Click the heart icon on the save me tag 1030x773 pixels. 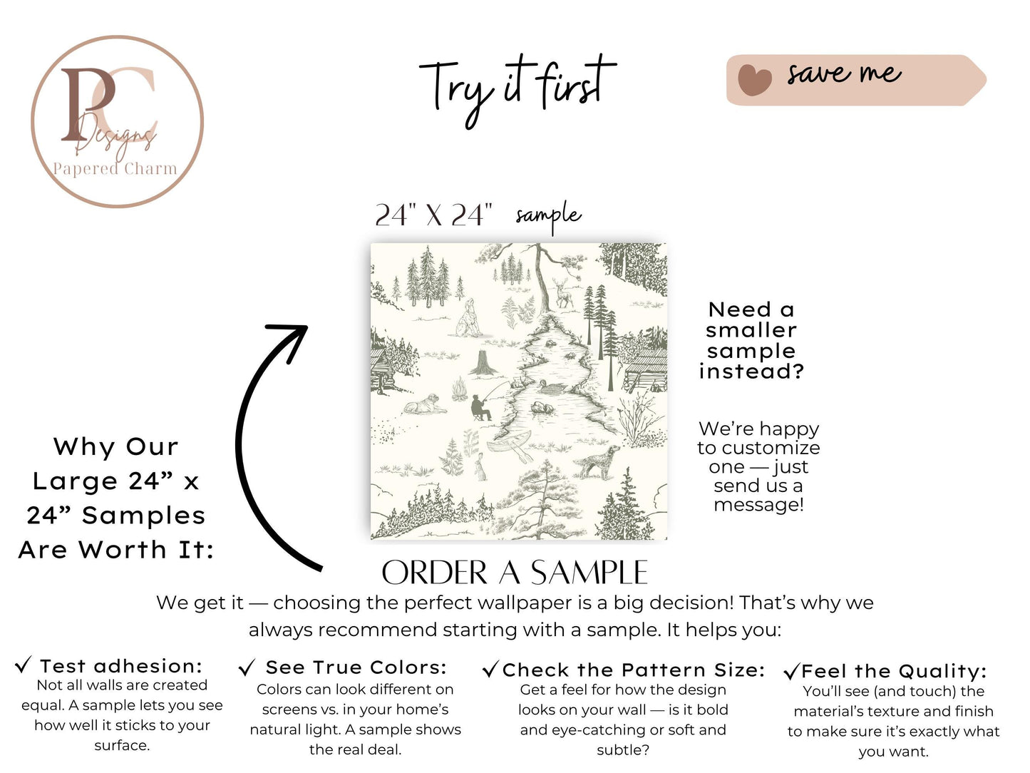click(x=754, y=80)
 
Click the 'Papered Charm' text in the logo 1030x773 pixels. click(x=115, y=168)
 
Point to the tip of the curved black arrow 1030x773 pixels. click(x=307, y=326)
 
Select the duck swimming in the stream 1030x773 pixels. click(x=553, y=386)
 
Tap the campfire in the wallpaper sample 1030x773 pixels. click(x=459, y=390)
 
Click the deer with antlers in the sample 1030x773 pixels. click(x=562, y=292)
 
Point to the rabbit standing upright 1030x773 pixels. click(x=480, y=466)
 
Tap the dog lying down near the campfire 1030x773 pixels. click(x=425, y=404)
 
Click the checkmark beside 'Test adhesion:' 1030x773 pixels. click(x=23, y=665)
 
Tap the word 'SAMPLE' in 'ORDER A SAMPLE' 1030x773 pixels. click(x=589, y=573)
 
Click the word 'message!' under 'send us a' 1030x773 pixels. click(x=758, y=505)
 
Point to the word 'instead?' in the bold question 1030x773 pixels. click(x=752, y=372)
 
